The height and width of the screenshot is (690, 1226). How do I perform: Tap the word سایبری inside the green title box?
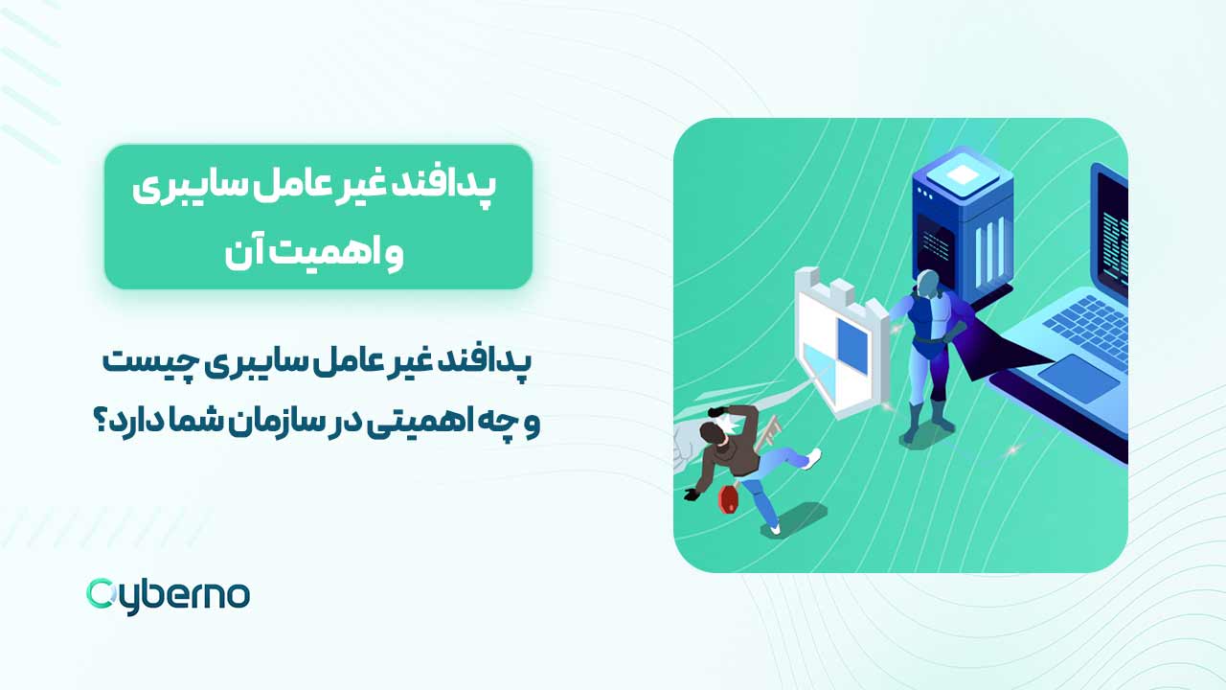coord(171,186)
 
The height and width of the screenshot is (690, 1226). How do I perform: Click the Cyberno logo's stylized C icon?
coord(102,594)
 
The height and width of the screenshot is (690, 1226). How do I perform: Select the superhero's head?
coord(926,284)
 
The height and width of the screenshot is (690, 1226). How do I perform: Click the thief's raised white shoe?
coord(812,459)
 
